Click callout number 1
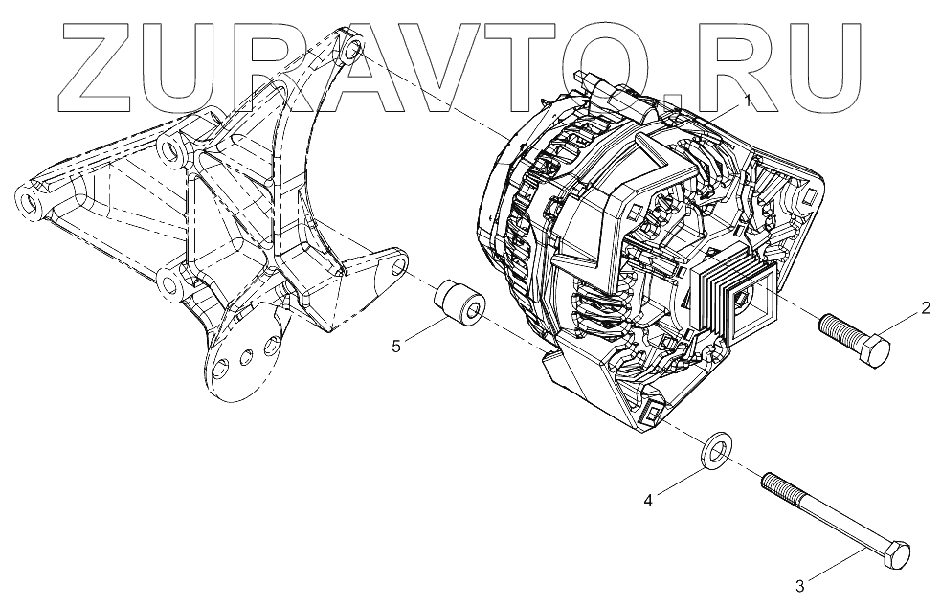[x=748, y=99]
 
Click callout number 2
[x=926, y=308]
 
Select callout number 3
[x=801, y=581]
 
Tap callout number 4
[x=648, y=499]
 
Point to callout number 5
[x=395, y=346]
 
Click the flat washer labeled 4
[x=714, y=450]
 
